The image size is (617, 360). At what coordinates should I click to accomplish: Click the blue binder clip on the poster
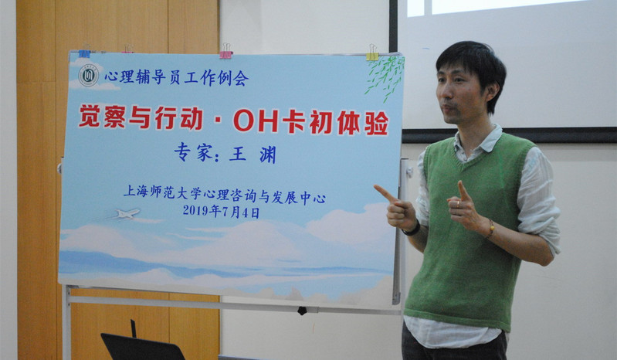click(x=84, y=52)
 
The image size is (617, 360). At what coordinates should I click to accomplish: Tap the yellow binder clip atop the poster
click(x=372, y=53)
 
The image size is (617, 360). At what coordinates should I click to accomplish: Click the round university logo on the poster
click(x=89, y=75)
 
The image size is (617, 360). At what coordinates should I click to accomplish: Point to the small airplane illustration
click(x=127, y=214)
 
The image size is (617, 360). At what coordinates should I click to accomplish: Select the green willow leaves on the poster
click(x=385, y=76)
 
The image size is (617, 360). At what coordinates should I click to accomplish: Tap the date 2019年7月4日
click(x=221, y=212)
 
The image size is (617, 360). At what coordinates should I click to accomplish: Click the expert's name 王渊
click(x=253, y=155)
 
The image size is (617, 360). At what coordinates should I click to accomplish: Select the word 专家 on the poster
click(x=194, y=152)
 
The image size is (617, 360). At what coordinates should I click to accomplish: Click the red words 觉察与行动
click(x=141, y=117)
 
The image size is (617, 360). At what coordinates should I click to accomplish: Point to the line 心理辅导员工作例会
click(x=176, y=77)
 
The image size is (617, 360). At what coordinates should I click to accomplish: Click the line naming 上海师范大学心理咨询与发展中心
click(x=224, y=194)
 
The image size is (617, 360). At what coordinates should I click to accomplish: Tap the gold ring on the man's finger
click(x=457, y=203)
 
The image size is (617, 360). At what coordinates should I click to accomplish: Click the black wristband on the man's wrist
click(x=412, y=229)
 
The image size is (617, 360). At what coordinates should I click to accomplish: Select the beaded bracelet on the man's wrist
click(x=490, y=229)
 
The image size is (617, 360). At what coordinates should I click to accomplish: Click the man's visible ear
click(x=492, y=91)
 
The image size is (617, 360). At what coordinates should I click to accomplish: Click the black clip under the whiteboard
click(x=302, y=311)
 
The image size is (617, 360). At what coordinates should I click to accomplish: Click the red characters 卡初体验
click(x=336, y=123)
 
